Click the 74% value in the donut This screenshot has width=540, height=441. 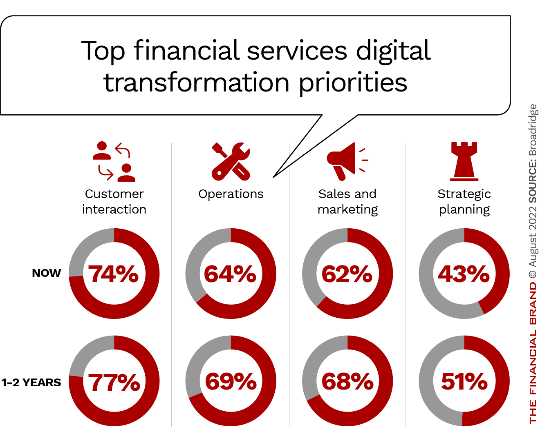(x=114, y=274)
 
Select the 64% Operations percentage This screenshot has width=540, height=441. (x=230, y=274)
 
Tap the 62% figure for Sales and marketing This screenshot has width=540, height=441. (x=347, y=274)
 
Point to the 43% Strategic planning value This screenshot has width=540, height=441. (x=464, y=274)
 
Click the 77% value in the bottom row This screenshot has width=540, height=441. (x=114, y=382)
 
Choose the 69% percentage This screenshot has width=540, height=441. (x=231, y=381)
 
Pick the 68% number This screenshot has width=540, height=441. (x=347, y=381)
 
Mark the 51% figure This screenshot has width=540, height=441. (x=464, y=381)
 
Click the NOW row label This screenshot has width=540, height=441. (x=46, y=273)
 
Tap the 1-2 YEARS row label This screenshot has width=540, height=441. (x=31, y=383)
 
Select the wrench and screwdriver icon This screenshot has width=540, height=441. (x=231, y=161)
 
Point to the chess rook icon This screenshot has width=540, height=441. (x=464, y=161)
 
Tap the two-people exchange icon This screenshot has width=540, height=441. (x=114, y=161)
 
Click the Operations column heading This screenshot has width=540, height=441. (x=231, y=194)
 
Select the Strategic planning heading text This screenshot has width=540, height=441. (x=464, y=201)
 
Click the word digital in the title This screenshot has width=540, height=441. (x=393, y=51)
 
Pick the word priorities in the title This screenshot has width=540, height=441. (x=353, y=83)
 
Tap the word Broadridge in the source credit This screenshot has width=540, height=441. (x=533, y=130)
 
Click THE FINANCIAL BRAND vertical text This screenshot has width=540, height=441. (x=533, y=353)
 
